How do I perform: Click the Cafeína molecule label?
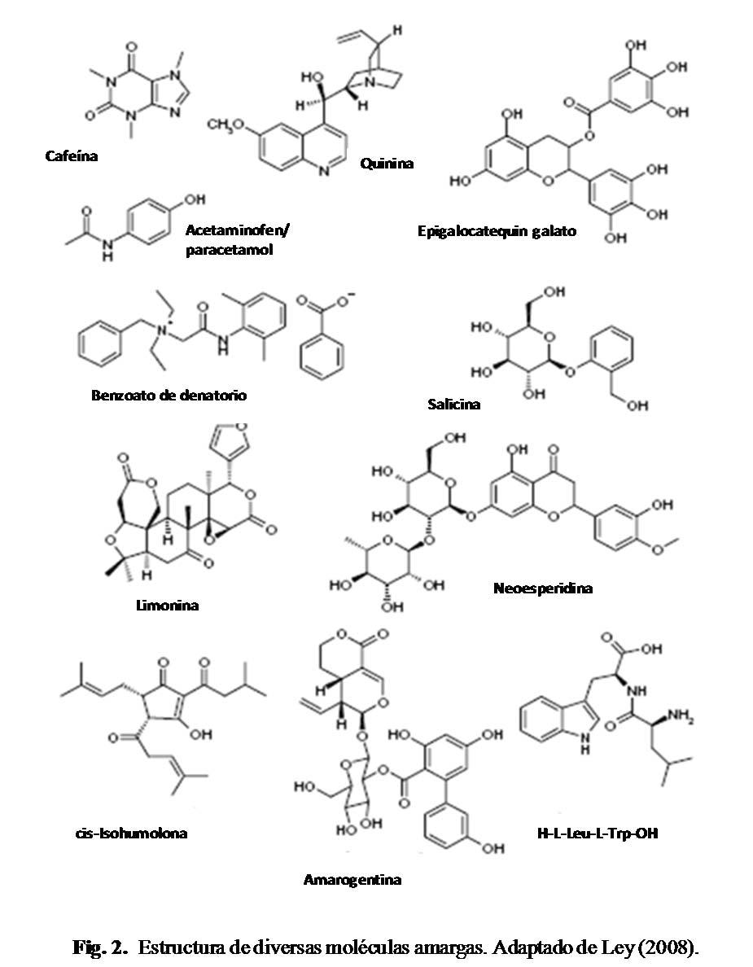[x=71, y=155]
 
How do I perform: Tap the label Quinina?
[x=387, y=164]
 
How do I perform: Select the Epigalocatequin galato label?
[x=497, y=231]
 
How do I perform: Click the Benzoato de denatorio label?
[x=169, y=396]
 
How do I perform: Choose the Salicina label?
[x=453, y=404]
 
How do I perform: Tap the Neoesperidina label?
[x=542, y=588]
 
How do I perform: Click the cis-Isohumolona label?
[x=129, y=833]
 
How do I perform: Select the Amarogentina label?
[x=352, y=879]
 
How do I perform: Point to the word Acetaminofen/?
[x=237, y=230]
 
